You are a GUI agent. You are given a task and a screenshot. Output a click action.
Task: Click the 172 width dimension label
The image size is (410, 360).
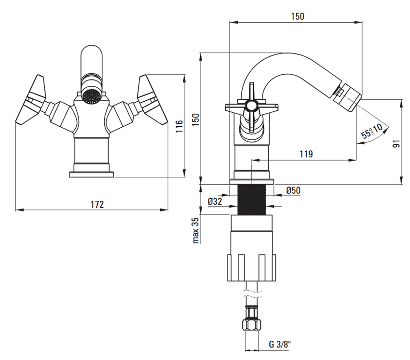click(x=97, y=204)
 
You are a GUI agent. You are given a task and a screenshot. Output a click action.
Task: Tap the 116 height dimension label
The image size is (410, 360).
click(x=179, y=126)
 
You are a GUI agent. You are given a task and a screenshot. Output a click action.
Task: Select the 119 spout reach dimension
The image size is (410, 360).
click(x=306, y=154)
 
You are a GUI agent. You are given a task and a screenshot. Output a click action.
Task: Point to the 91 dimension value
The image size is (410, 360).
click(x=396, y=144)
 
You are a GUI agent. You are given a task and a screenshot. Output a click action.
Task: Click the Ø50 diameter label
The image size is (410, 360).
click(x=293, y=190)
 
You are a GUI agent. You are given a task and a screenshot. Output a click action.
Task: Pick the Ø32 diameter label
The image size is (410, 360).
click(x=215, y=201)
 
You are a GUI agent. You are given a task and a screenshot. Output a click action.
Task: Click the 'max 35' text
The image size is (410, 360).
click(x=196, y=231)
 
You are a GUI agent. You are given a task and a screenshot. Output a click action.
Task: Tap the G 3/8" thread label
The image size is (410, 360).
click(x=280, y=344)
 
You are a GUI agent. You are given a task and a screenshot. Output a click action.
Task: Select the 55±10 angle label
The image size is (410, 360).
click(x=371, y=131)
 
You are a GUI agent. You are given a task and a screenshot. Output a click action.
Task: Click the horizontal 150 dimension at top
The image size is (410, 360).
click(x=298, y=16)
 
